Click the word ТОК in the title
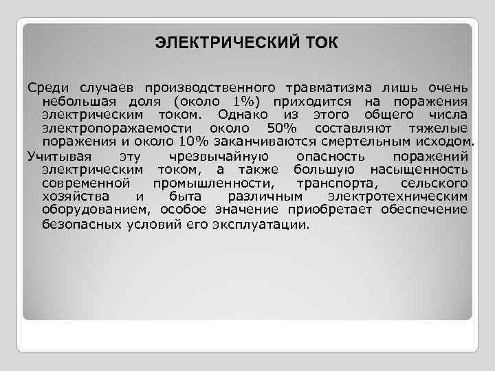(318, 43)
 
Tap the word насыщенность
(419, 169)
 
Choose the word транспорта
(333, 183)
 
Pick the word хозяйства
(73, 196)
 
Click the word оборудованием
(96, 210)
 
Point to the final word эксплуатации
(261, 225)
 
